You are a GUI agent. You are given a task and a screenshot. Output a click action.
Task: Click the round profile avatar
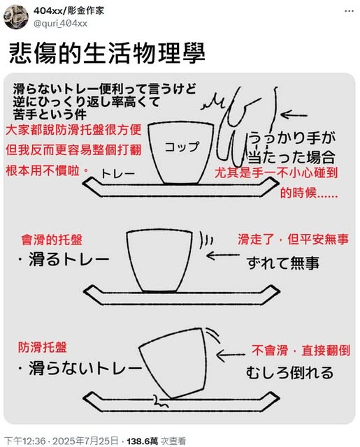pos(16,17)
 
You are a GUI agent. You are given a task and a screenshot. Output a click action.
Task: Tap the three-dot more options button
pos(349,11)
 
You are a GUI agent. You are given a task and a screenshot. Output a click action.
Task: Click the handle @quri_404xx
pos(60,23)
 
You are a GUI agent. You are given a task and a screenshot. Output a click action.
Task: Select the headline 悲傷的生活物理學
pos(107,54)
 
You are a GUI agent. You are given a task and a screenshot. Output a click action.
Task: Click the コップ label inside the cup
pos(182,147)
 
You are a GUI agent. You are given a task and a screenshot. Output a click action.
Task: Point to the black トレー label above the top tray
pos(117,174)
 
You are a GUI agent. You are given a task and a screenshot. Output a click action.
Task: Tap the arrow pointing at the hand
pos(294,115)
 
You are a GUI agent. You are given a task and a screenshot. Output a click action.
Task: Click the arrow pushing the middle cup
pos(223,255)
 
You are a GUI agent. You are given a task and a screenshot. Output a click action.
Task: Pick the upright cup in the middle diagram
pos(159,261)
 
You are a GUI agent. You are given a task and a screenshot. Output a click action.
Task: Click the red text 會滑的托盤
pos(52,240)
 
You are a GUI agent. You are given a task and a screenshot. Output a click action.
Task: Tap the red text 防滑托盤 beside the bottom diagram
pos(43,348)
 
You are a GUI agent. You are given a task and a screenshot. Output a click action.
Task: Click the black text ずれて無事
pos(283,263)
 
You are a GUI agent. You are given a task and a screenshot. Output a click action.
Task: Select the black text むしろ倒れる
pos(289,372)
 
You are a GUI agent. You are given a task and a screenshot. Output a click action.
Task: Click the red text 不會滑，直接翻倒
pos(301,351)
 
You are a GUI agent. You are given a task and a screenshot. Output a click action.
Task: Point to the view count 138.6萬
pos(143,441)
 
